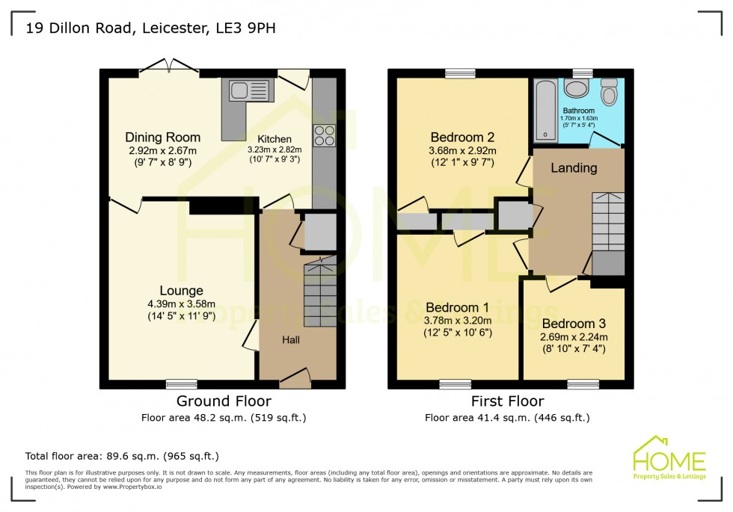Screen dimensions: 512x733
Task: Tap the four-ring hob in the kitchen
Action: pyautogui.click(x=324, y=135)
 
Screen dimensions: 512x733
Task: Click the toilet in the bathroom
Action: pyautogui.click(x=610, y=93)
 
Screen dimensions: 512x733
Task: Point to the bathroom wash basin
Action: pyautogui.click(x=577, y=89)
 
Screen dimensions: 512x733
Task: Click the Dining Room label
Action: pyautogui.click(x=162, y=138)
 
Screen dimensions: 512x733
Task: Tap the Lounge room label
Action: pyautogui.click(x=181, y=291)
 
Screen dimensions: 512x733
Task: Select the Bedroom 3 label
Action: pyautogui.click(x=574, y=324)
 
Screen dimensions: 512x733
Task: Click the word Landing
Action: pyautogui.click(x=574, y=168)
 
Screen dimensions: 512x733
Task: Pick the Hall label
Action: pyautogui.click(x=291, y=340)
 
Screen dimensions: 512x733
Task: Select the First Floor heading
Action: pyautogui.click(x=507, y=402)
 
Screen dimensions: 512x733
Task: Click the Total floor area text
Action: pyautogui.click(x=122, y=456)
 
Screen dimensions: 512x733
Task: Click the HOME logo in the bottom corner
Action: pyautogui.click(x=669, y=457)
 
